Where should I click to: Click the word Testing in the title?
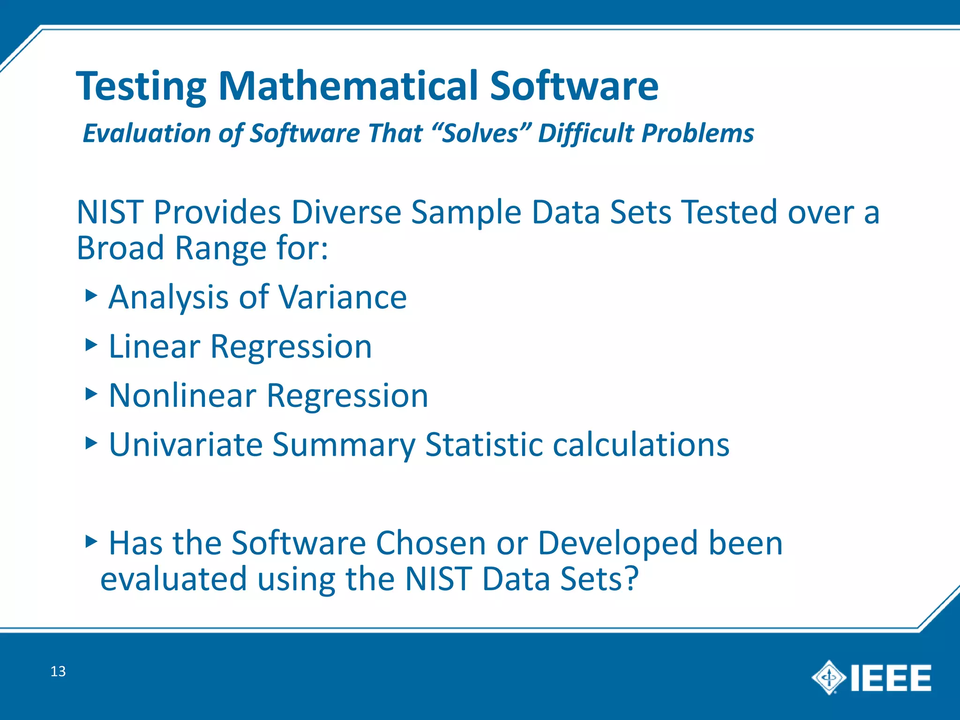pos(141,87)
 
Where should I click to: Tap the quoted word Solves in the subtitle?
pos(480,133)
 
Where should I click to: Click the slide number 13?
pos(58,671)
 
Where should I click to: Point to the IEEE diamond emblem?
pos(828,677)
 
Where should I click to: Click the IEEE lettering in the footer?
pos(891,678)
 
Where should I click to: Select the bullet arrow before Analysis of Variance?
pos(91,295)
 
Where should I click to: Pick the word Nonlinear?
pos(182,396)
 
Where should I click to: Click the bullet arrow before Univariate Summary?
pos(91,442)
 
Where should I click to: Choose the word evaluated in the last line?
pos(173,578)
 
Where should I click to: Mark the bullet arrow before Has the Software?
pos(91,541)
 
